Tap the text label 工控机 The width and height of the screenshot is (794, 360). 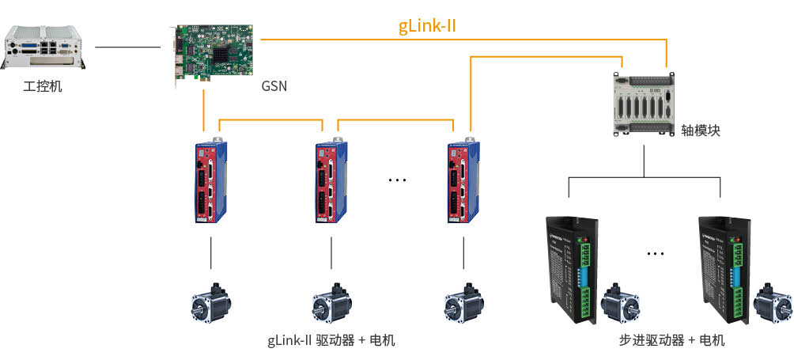pos(43,85)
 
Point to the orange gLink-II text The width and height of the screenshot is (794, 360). pos(428,26)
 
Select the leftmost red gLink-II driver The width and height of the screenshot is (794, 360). pos(210,182)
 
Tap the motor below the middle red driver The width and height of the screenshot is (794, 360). pos(331,303)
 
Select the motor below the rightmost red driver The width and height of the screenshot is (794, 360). pos(462,303)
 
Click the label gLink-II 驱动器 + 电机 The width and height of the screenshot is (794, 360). pos(331,341)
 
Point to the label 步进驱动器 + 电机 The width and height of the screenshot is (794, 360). pos(671,341)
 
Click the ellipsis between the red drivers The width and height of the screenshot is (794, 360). pos(397,181)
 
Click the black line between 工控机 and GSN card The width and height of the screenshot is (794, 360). pos(127,47)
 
